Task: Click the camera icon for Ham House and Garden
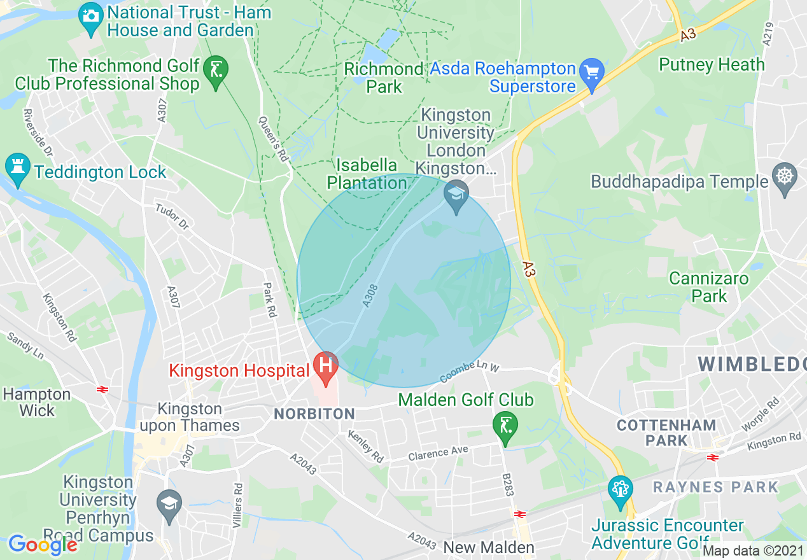[91, 14]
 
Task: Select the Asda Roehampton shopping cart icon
[593, 71]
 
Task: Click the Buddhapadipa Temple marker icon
[784, 175]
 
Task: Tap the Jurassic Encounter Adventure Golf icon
[619, 489]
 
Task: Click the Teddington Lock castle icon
[17, 167]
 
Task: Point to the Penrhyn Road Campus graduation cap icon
[169, 503]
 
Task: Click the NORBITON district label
[314, 414]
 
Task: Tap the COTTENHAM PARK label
[666, 432]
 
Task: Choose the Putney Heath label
[712, 64]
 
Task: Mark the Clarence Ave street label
[438, 453]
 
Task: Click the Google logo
[42, 545]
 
